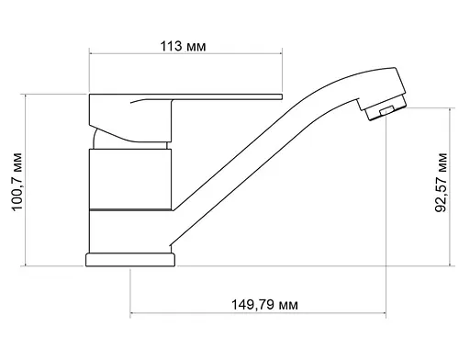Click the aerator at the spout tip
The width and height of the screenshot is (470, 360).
coord(379,111)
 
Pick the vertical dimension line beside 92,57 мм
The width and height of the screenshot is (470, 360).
coord(453,186)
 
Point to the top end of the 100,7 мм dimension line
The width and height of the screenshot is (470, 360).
coord(28,93)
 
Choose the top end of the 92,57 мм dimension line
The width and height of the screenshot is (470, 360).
coord(453,106)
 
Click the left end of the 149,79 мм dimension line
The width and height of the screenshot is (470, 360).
coord(130,317)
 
